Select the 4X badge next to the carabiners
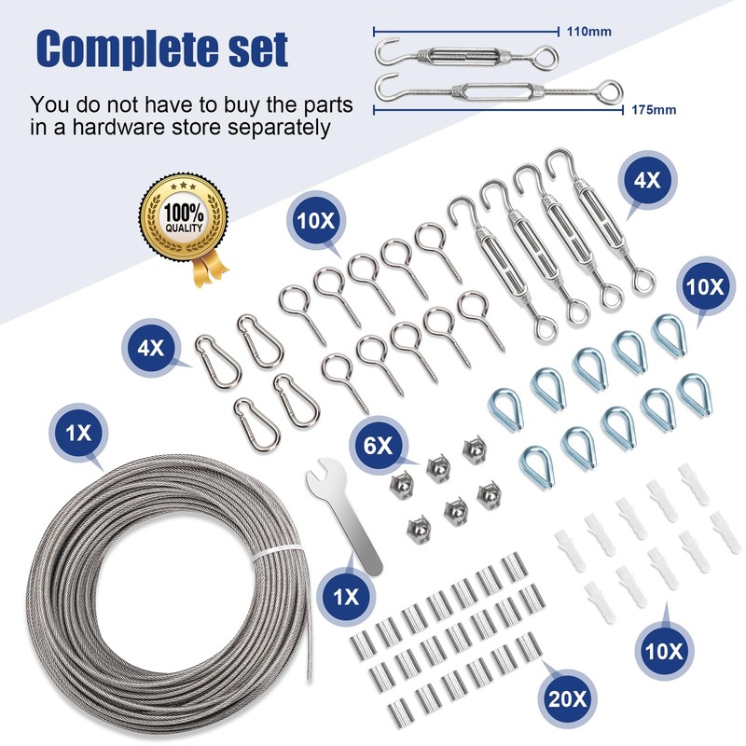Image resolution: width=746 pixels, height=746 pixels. (x=150, y=349)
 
